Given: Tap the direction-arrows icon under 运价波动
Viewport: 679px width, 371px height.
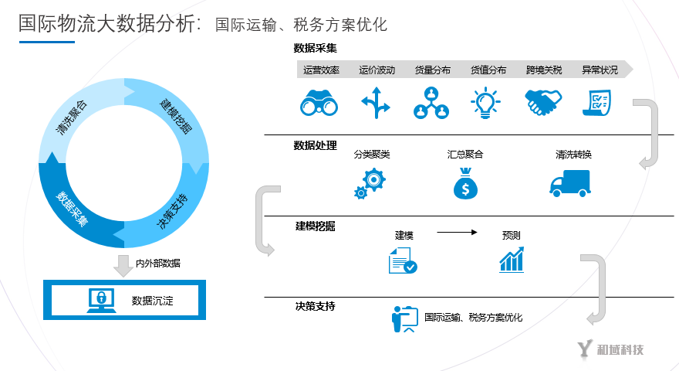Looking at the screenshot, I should tap(376, 103).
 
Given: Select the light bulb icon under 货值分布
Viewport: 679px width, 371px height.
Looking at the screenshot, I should tap(487, 103).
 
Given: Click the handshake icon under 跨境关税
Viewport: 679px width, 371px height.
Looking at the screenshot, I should tap(543, 103).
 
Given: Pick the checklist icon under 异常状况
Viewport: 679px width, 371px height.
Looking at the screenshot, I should tap(597, 103).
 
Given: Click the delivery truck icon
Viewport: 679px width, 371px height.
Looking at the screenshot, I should tap(569, 183).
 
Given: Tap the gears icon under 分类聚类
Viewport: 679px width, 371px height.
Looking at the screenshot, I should tap(370, 184).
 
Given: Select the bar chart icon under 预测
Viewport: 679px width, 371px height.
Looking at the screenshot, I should tap(512, 260).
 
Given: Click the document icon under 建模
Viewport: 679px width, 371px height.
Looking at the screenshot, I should tap(403, 260).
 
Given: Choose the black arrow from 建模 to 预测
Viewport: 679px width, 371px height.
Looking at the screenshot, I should tap(458, 231).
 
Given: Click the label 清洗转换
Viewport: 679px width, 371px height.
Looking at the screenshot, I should tap(573, 155).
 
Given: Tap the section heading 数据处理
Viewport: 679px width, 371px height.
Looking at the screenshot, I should tap(315, 145).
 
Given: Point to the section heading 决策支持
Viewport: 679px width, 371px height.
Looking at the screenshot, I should tap(315, 306).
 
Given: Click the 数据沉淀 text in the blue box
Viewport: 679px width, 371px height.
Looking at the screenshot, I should tap(152, 301).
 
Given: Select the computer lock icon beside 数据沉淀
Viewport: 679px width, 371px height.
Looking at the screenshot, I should tap(101, 301).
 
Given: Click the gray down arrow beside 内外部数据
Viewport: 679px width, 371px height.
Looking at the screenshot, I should tap(122, 265).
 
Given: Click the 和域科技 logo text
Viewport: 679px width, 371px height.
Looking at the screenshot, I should tap(620, 349).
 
